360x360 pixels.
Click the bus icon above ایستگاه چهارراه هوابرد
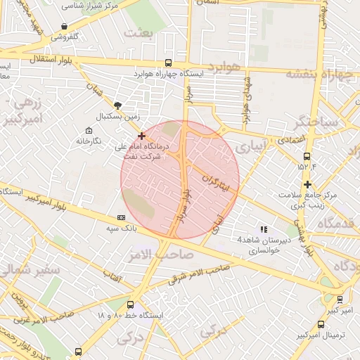[167, 63]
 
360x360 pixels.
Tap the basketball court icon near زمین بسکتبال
[117, 105]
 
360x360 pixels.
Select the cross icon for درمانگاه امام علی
[142, 136]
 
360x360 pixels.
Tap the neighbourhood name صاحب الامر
[147, 252]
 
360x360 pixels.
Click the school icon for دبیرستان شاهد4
[264, 229]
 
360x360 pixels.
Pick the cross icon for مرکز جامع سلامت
[307, 184]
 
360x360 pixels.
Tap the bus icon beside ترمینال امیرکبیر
[321, 325]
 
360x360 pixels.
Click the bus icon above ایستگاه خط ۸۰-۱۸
[131, 304]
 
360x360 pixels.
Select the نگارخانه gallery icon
[88, 131]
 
